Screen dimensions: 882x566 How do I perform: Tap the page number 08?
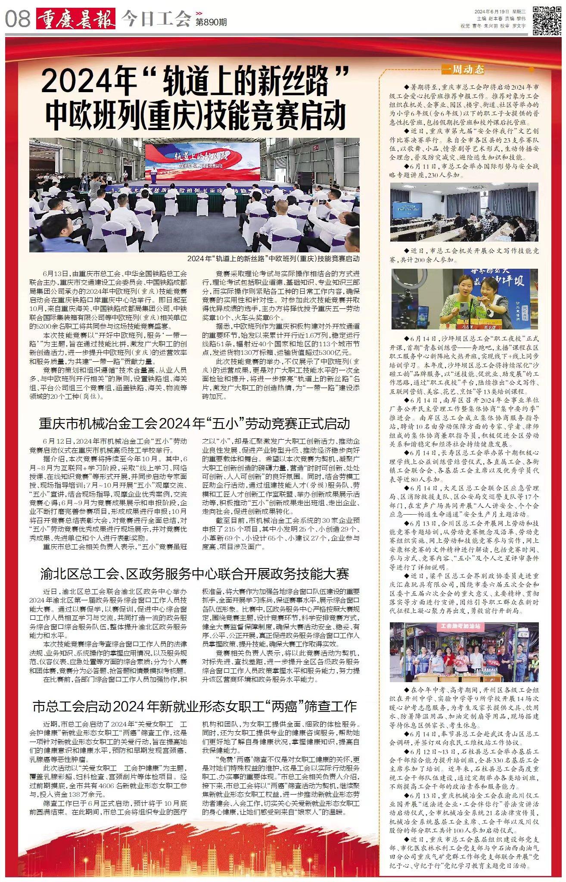(x=18, y=19)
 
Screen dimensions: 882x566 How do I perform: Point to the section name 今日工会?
(x=155, y=19)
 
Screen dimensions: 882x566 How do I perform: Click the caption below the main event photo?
(x=273, y=259)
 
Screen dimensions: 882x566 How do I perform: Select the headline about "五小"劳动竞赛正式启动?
(x=195, y=423)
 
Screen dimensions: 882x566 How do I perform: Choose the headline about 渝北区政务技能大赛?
(x=195, y=574)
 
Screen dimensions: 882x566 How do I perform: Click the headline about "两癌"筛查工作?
(x=195, y=706)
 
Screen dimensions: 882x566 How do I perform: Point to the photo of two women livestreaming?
(x=464, y=299)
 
